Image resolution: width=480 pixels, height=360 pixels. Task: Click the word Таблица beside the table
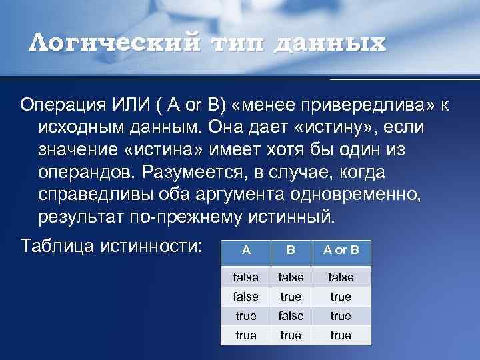[57, 245]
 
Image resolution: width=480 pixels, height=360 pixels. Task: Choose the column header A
[246, 251]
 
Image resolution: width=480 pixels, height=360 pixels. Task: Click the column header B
[291, 251]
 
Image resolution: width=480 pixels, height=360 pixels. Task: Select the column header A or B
[341, 251]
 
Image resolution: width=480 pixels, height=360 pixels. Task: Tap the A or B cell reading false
[341, 277]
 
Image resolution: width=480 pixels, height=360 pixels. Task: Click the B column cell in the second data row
[291, 297]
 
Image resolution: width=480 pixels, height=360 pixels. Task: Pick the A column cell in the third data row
[246, 316]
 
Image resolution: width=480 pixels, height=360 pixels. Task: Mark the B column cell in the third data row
[291, 316]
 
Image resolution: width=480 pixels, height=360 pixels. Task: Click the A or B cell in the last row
[341, 335]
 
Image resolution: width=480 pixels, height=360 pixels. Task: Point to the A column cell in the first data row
[246, 277]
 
